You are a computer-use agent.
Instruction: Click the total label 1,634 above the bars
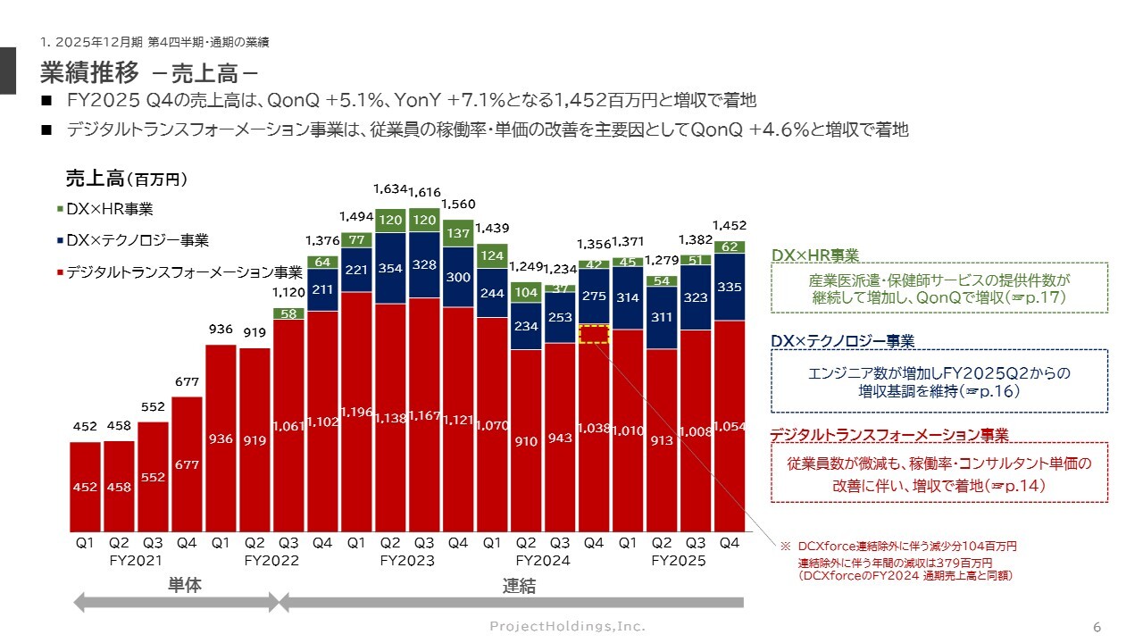390,189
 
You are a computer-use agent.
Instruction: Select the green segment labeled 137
458,233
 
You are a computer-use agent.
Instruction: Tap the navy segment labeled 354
390,269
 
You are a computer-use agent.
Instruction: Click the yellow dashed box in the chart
594,334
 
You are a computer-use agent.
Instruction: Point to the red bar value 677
187,464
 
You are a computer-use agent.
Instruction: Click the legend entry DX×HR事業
104,209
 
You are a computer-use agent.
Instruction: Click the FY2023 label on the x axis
407,561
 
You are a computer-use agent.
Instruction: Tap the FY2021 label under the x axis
136,561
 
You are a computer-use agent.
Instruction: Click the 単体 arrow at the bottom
177,603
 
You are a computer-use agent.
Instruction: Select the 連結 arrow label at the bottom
518,587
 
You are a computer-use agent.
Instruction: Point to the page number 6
1097,626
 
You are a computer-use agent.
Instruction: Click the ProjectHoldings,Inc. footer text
567,626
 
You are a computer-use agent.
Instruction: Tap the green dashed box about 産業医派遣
939,287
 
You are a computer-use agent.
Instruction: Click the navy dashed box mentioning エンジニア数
939,380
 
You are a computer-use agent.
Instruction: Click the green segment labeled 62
730,247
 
